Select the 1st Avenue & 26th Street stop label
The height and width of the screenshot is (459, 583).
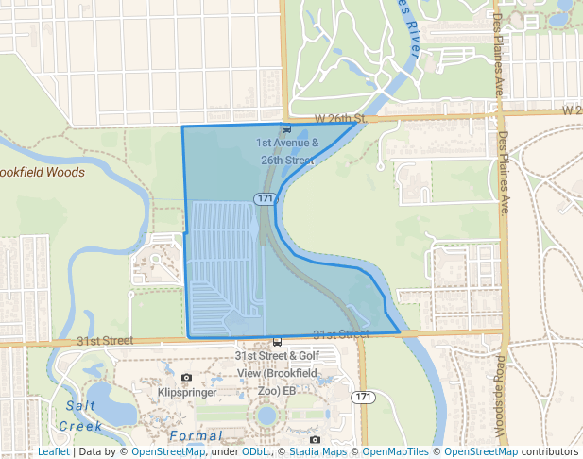coord(287,152)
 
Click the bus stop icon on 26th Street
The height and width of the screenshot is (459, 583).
coord(286,128)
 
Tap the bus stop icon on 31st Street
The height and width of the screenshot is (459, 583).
coord(277,342)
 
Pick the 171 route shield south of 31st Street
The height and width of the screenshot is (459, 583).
coord(363,397)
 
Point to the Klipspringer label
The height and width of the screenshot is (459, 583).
coord(188,391)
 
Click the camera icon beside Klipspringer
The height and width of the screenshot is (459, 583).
coord(186,378)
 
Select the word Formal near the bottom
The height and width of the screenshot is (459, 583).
coord(196,435)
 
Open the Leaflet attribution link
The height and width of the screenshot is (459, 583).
coord(53,451)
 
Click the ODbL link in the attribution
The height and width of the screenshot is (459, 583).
coord(255,451)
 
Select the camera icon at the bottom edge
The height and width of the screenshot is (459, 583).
coord(315,438)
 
